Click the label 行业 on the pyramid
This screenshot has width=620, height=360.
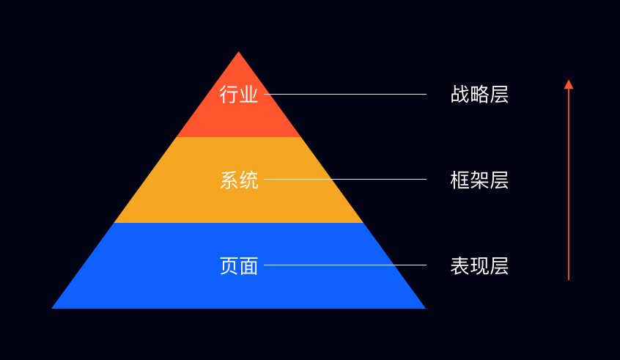click(239, 95)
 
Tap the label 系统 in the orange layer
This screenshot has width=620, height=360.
click(239, 180)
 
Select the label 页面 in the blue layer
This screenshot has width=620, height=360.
click(239, 265)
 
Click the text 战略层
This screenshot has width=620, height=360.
click(479, 95)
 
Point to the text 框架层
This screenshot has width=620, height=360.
click(479, 180)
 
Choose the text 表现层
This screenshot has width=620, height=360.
click(479, 265)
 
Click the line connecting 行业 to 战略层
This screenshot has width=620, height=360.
click(344, 94)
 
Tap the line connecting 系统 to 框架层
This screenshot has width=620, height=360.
click(344, 179)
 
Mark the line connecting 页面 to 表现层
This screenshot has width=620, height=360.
click(344, 265)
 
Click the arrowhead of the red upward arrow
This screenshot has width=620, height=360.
click(569, 84)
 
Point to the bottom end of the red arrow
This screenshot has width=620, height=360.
click(569, 279)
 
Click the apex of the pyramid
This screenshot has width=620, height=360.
click(239, 53)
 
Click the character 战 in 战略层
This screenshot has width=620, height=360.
click(460, 95)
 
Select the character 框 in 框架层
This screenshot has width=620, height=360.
click(460, 180)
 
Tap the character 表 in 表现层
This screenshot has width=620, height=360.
click(460, 265)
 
